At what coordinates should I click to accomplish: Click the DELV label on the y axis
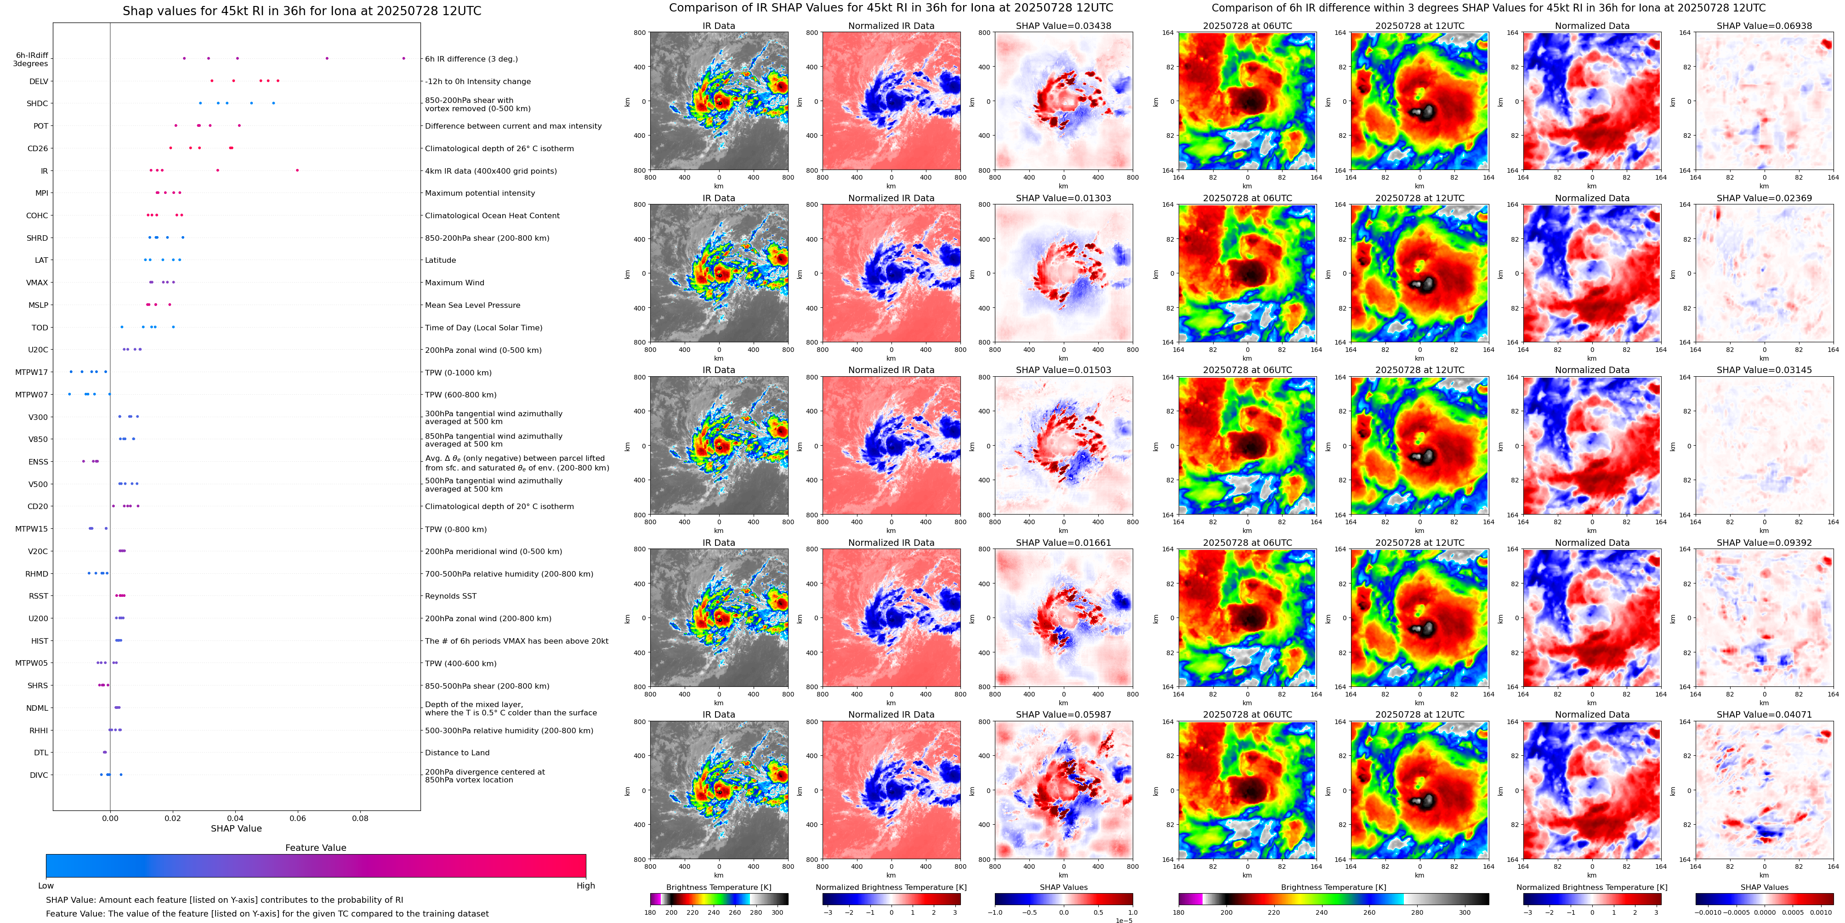[x=38, y=82]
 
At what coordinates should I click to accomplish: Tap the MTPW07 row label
[x=32, y=395]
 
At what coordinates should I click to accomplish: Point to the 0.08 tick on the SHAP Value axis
[x=359, y=818]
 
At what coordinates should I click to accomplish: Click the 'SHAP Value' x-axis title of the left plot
[x=236, y=828]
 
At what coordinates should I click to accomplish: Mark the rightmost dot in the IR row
[x=297, y=170]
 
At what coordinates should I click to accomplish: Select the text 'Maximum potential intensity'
[x=479, y=193]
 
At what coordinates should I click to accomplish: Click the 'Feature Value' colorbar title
[x=315, y=848]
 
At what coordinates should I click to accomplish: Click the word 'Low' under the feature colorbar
[x=46, y=886]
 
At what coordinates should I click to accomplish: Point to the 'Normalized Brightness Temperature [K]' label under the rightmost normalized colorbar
[x=1591, y=887]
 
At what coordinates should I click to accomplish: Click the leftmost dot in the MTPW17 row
[x=71, y=372]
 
